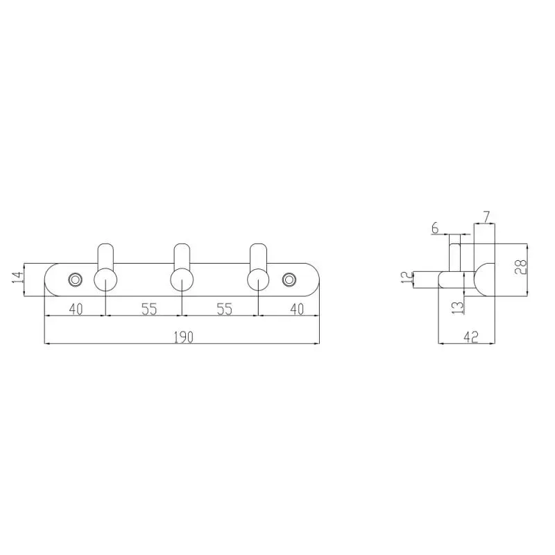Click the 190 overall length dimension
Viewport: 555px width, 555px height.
[184, 337]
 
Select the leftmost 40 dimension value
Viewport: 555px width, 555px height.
[76, 309]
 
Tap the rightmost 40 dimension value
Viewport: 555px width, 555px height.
[297, 309]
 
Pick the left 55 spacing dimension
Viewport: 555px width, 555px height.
[149, 309]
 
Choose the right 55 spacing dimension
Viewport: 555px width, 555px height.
[224, 309]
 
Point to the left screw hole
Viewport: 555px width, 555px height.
[75, 280]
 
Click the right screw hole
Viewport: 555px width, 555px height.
[289, 280]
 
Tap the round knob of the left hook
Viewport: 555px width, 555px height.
[105, 280]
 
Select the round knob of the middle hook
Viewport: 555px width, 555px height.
[182, 280]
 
